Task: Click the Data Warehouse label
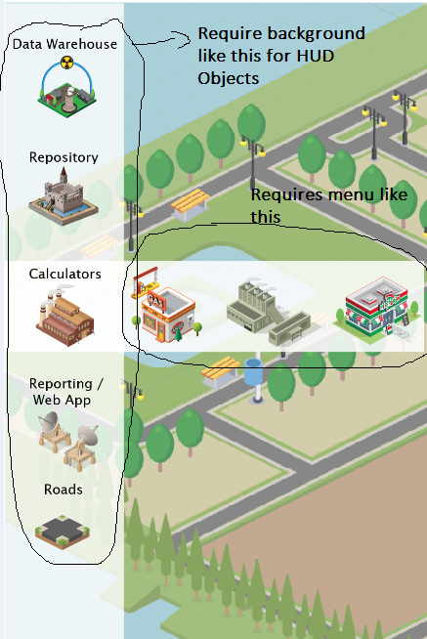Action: pos(64,44)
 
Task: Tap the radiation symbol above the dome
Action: pos(66,63)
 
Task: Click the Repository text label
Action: pos(64,157)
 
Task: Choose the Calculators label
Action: pos(64,274)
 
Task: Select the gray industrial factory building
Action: pos(268,312)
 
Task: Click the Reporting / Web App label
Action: pos(66,392)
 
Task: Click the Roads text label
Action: pos(64,490)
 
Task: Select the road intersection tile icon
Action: pos(63,532)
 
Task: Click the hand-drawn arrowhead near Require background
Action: pos(184,39)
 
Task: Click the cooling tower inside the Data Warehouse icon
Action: pos(69,100)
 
